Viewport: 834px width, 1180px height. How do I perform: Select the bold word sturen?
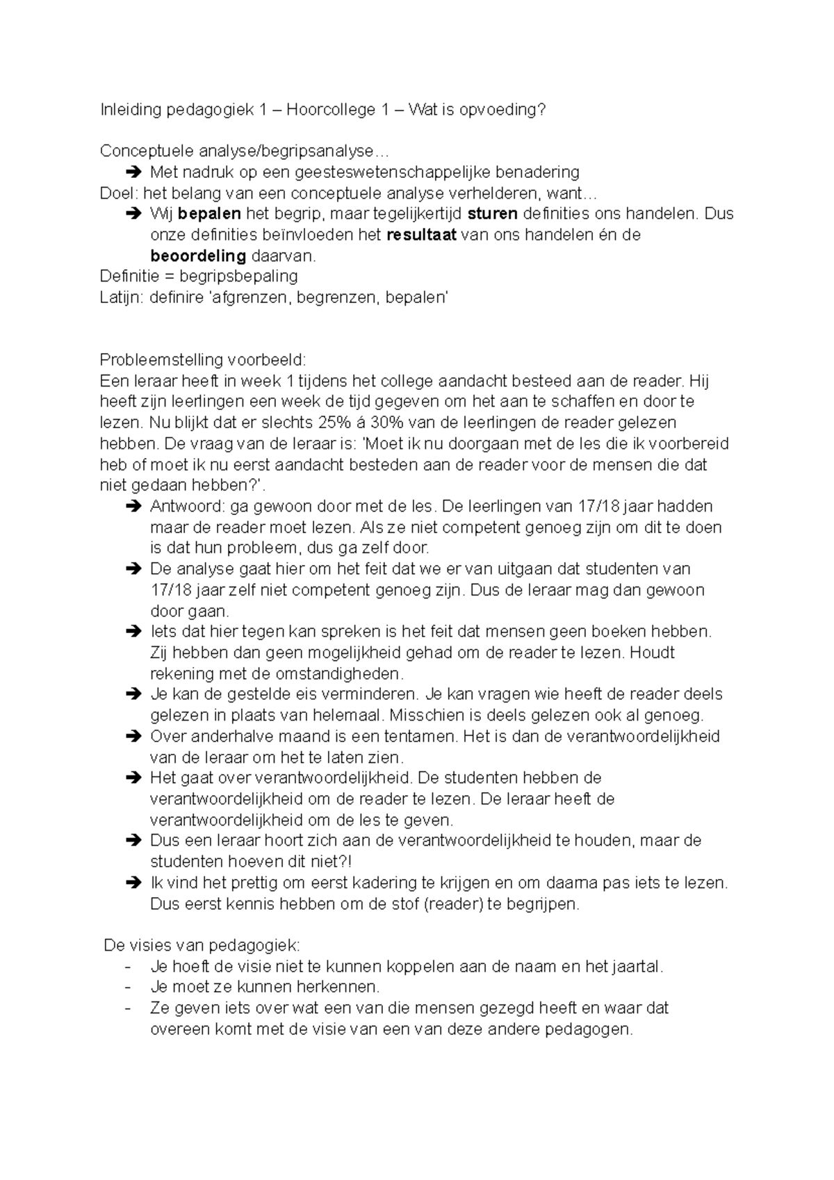pyautogui.click(x=493, y=214)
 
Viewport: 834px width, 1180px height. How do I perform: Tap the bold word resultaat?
pyautogui.click(x=421, y=235)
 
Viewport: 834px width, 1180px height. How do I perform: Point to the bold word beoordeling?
pyautogui.click(x=198, y=256)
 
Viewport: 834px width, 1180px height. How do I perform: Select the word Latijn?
pyautogui.click(x=122, y=297)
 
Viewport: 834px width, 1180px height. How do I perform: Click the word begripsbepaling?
pyautogui.click(x=238, y=277)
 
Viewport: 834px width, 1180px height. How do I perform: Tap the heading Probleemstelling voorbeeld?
pyautogui.click(x=202, y=360)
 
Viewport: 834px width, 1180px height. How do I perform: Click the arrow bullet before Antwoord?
pyautogui.click(x=133, y=507)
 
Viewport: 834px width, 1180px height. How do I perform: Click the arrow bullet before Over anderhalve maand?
pyautogui.click(x=133, y=736)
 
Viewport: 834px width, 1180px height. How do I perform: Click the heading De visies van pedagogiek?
pyautogui.click(x=201, y=945)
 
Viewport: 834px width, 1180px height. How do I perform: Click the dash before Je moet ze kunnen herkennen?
pyautogui.click(x=126, y=988)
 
